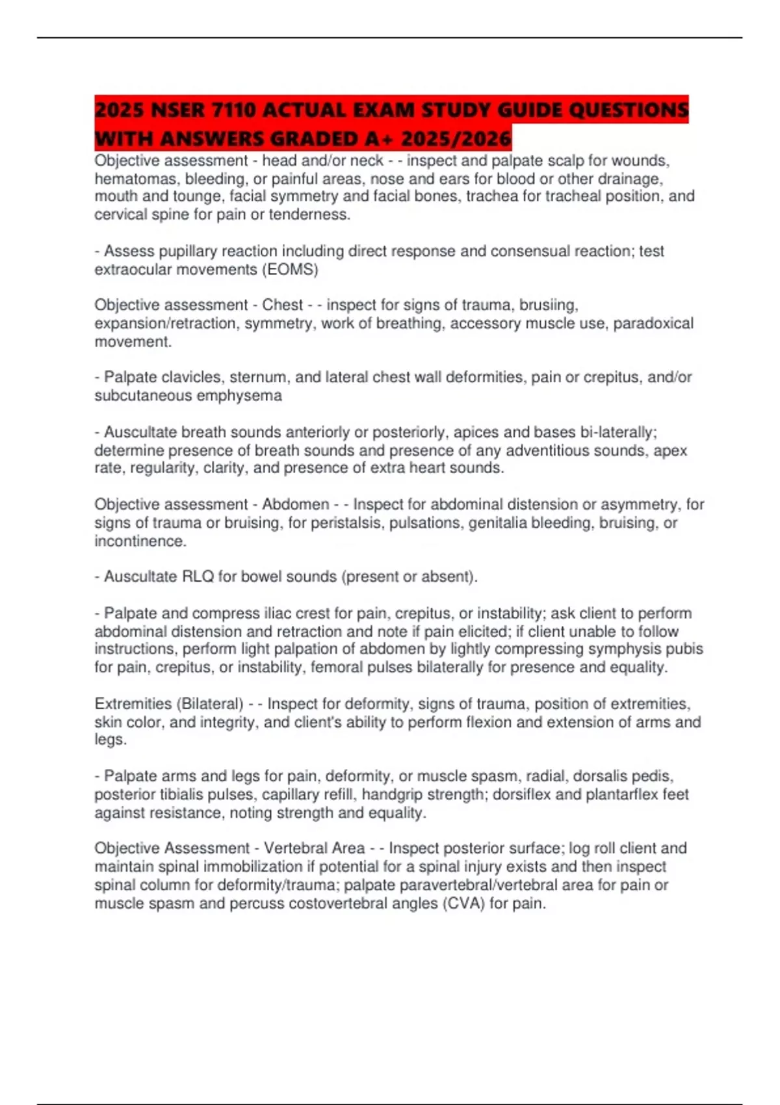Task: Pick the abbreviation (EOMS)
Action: coord(290,269)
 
